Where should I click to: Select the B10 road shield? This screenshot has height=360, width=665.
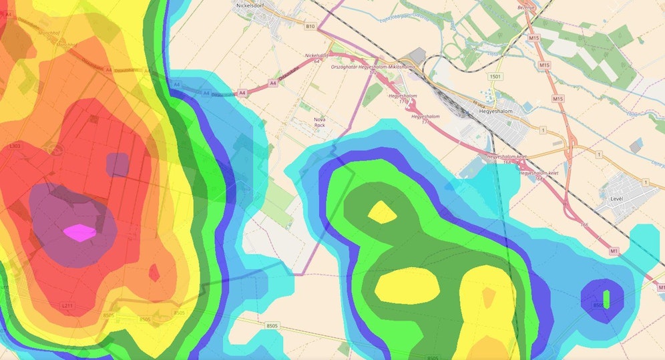coord(309,26)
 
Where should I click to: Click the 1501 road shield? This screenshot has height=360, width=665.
coord(495,77)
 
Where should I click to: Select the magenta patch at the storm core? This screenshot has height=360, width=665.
coord(80,232)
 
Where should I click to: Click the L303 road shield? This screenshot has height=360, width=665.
coord(15,146)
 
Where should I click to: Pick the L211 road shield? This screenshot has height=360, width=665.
coord(67,305)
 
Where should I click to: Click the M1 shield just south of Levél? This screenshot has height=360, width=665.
coord(614,250)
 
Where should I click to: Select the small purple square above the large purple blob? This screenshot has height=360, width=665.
coord(117,164)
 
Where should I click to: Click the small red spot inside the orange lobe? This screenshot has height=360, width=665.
coord(154,273)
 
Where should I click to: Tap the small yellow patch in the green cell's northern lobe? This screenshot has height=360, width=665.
coord(382,212)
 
